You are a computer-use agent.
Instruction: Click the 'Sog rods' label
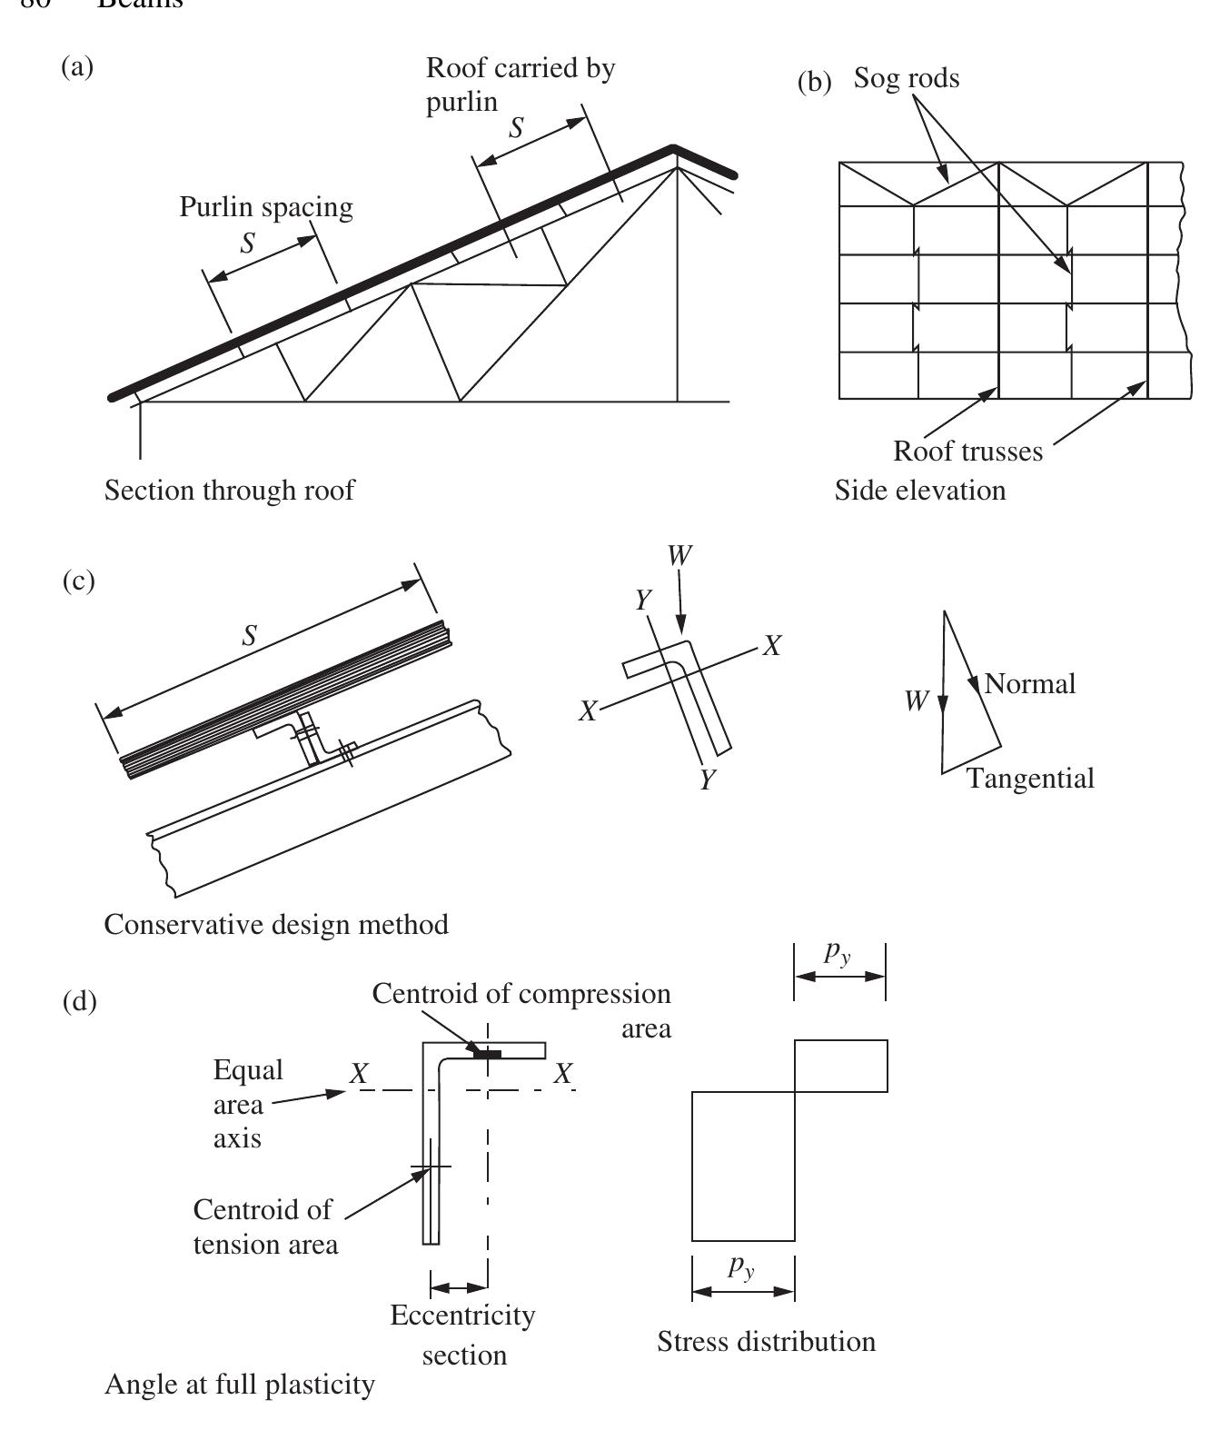(906, 79)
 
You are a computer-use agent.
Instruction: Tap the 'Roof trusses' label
(967, 452)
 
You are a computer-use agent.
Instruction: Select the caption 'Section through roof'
(229, 491)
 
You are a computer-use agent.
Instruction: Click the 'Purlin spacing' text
(265, 207)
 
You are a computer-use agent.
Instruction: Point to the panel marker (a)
(77, 66)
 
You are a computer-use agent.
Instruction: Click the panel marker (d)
(78, 1002)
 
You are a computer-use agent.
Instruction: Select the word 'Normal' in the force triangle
(1029, 683)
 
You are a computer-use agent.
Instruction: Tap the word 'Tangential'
(1030, 779)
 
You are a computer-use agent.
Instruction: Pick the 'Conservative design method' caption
(276, 925)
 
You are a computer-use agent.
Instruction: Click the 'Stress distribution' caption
(766, 1342)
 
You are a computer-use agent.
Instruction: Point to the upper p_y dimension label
(838, 953)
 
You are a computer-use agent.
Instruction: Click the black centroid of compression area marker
(487, 1054)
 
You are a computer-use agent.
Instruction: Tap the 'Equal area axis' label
(238, 1104)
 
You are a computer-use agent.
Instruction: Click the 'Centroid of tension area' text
(264, 1226)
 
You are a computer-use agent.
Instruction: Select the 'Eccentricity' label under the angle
(462, 1316)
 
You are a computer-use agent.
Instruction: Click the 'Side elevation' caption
(920, 491)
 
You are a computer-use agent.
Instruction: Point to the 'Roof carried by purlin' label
(520, 84)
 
